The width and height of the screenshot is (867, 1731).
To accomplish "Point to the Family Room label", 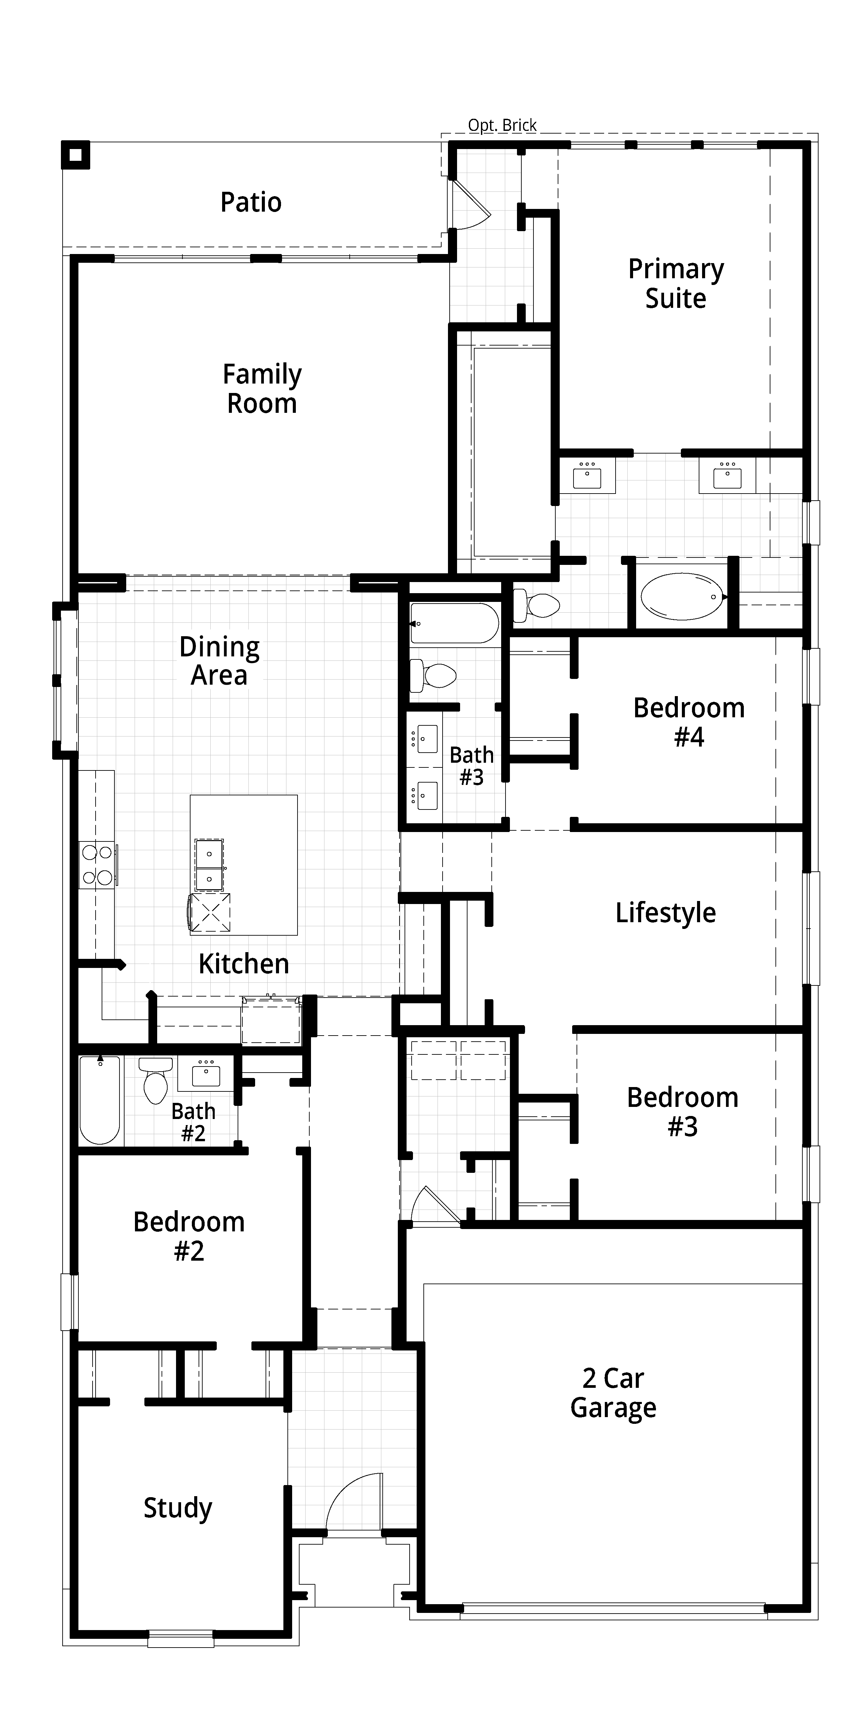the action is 262,388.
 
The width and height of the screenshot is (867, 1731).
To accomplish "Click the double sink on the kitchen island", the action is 209,865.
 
